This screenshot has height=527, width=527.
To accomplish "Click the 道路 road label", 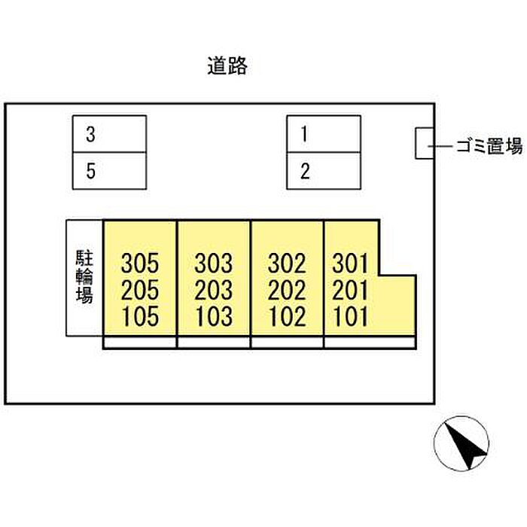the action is point(227,66).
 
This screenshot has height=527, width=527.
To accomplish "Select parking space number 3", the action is point(110,134).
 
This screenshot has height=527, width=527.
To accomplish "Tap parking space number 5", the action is point(110,171).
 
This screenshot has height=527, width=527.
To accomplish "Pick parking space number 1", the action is point(324,134).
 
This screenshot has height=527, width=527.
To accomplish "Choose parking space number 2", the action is point(324,171).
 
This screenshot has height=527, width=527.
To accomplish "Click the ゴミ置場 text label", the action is point(489,146).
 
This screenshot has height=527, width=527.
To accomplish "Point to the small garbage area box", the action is point(425,143).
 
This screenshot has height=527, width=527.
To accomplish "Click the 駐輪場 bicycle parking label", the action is point(84,276).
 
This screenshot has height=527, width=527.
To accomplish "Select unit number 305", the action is point(140,263).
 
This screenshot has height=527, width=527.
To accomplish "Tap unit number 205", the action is point(140,290).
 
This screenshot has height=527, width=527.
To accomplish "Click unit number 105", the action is point(140,316).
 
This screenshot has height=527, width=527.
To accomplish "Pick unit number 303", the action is point(213,263).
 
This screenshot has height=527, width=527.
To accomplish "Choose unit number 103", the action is point(214,316).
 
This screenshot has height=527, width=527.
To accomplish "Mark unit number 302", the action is point(287,263).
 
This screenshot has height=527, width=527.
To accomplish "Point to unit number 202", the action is point(287,290).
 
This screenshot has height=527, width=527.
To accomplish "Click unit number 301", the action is point(350,263).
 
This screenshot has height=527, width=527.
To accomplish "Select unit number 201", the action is point(350,290).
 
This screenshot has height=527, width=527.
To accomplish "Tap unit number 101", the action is point(350,316).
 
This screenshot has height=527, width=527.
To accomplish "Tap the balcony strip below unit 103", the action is point(214,342).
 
